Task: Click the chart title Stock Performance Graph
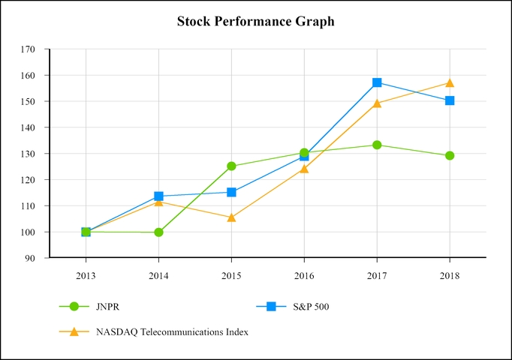(x=255, y=22)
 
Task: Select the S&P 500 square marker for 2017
(x=377, y=82)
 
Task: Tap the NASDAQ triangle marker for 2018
(x=450, y=82)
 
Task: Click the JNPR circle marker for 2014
(x=158, y=232)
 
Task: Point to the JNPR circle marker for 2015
(x=231, y=166)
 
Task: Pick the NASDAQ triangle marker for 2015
(x=231, y=217)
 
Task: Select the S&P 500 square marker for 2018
(x=450, y=100)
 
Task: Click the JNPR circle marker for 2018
(x=450, y=156)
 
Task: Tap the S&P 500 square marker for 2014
(x=158, y=196)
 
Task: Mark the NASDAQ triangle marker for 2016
(x=304, y=169)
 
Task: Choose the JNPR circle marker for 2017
(x=377, y=145)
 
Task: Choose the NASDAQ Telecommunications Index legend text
(x=172, y=331)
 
